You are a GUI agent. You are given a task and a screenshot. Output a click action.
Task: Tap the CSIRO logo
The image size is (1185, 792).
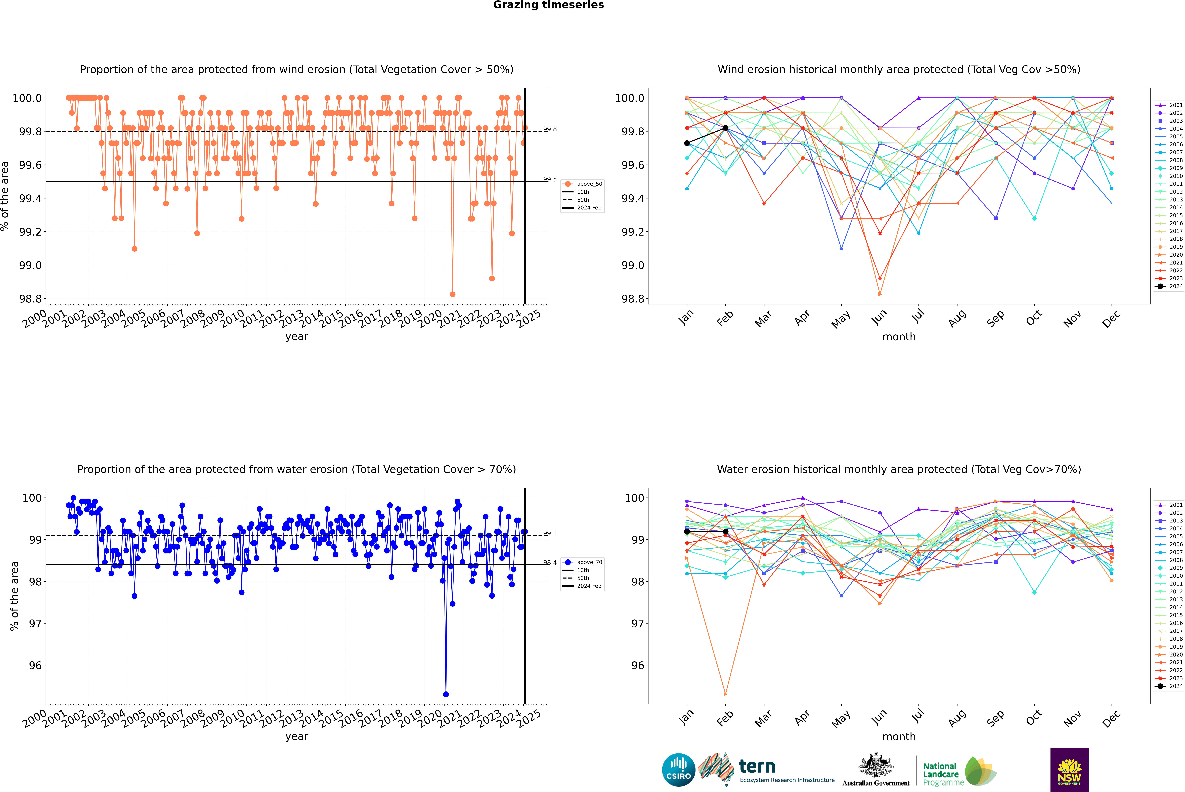click(678, 770)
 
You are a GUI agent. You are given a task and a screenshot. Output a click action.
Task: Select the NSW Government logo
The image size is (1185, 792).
click(1069, 770)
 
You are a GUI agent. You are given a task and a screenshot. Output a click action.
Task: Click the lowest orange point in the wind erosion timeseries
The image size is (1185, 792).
click(453, 294)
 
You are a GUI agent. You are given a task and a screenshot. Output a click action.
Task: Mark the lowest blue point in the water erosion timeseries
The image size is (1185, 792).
click(446, 694)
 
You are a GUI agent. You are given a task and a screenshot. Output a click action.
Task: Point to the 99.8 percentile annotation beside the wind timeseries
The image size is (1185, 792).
click(550, 129)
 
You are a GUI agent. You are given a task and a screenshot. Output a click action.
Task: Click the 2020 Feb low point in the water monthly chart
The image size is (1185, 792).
click(725, 694)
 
